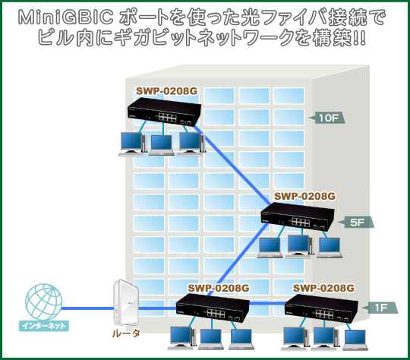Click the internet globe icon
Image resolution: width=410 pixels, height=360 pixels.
tap(44, 302)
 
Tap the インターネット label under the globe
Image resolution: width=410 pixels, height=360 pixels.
tap(44, 326)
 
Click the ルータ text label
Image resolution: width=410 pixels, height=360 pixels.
tap(126, 333)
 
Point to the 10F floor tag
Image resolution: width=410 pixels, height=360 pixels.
tap(326, 118)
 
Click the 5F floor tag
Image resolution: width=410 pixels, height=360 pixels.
tap(356, 223)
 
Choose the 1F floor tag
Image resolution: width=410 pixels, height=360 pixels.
tap(380, 308)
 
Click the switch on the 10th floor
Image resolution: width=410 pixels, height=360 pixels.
tap(164, 112)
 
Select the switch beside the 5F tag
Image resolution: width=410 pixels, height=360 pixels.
tap(298, 217)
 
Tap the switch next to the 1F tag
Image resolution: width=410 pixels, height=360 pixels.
tap(321, 308)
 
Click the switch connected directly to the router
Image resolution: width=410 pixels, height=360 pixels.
tap(213, 308)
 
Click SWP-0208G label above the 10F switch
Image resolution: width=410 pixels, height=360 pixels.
tap(167, 91)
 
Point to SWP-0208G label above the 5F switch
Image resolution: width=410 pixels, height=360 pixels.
tap(304, 196)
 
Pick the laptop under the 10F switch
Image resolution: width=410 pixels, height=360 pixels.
tap(162, 146)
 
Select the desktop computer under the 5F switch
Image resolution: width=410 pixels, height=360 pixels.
tap(300, 246)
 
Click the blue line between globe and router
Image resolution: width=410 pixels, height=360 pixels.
tap(88, 308)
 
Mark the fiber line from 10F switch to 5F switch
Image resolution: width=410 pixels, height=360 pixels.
tap(232, 166)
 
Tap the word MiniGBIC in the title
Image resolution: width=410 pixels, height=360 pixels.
tap(66, 17)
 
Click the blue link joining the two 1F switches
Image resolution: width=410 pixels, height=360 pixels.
tap(267, 303)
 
